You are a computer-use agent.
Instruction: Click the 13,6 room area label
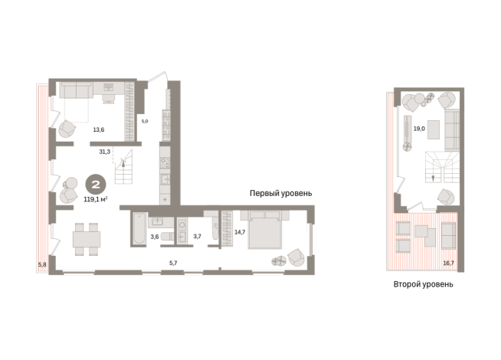coord(98,129)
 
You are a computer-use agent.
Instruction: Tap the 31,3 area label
coord(104,152)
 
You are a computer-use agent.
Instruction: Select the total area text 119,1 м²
coord(96,200)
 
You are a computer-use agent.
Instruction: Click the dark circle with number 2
coord(96,185)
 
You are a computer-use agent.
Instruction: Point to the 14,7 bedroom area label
coord(240,232)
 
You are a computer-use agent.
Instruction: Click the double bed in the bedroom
coord(265,230)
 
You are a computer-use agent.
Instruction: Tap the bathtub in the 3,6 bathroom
coord(139,228)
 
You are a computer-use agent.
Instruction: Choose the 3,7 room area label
coord(197,237)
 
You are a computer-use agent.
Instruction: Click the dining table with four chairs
coord(87,239)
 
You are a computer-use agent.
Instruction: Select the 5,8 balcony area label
coord(42,264)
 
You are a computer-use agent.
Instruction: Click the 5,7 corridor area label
coord(173,263)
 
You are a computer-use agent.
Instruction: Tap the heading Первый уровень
coord(281,193)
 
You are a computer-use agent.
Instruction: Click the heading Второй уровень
coord(424,284)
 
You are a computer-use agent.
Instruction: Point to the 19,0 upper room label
coord(419,129)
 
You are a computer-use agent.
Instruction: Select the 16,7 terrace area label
coord(448,263)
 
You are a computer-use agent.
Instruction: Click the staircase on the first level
coord(124,167)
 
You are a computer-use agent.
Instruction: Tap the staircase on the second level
coord(442,167)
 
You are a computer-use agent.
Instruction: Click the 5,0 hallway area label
coord(145,121)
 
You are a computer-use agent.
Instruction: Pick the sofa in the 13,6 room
coord(77,90)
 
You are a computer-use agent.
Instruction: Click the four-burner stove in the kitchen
coord(165,164)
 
